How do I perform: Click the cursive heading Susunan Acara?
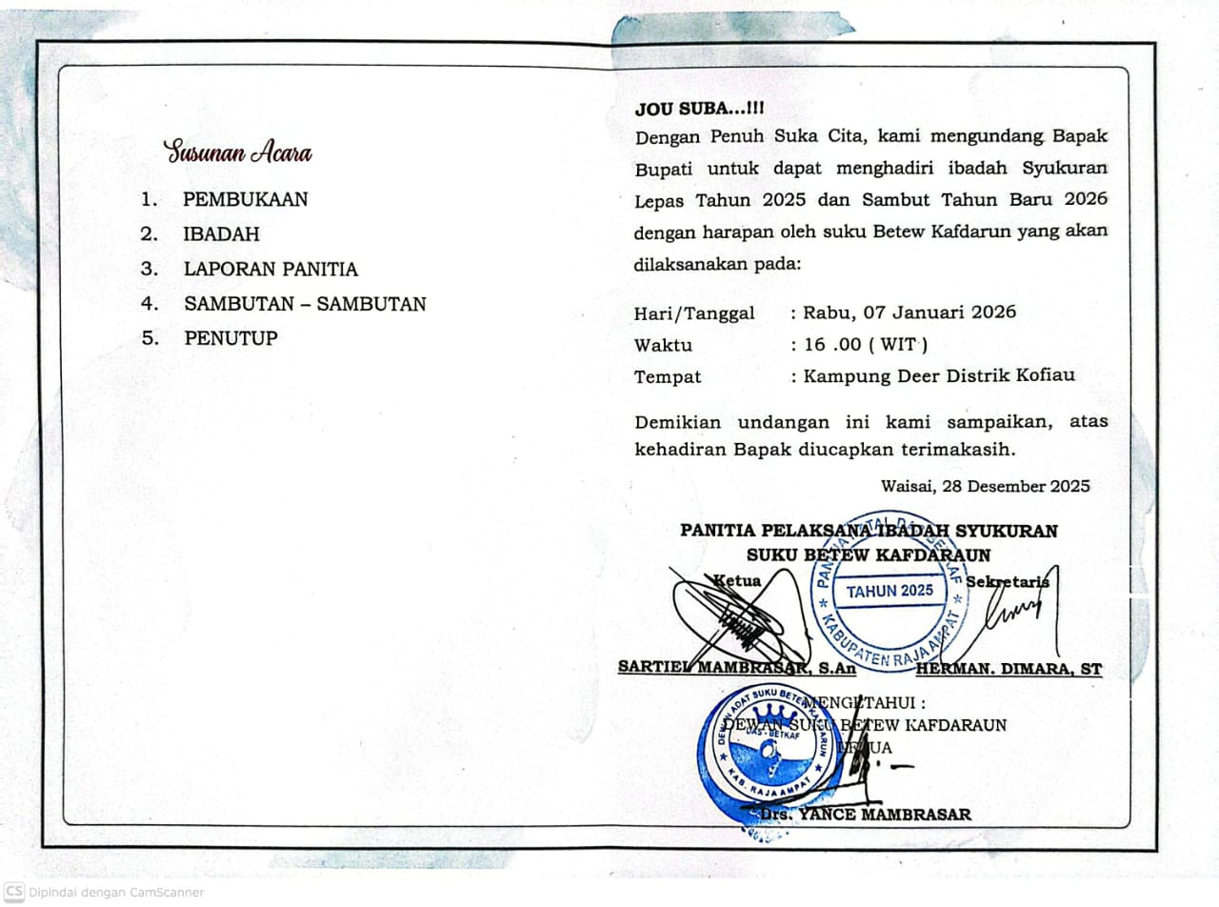point(237,152)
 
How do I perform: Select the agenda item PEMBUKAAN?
point(246,200)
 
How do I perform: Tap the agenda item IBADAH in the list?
point(221,234)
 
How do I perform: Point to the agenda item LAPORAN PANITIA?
point(270,270)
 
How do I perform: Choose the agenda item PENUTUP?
point(230,338)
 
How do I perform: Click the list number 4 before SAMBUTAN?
point(148,304)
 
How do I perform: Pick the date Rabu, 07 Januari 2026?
point(909,312)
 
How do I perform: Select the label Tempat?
point(668,377)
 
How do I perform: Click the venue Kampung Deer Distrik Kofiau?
point(939,375)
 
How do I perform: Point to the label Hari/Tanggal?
point(694,313)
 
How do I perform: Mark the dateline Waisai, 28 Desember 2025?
point(985,486)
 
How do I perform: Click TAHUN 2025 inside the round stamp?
point(889,591)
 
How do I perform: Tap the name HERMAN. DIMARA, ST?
point(1009,669)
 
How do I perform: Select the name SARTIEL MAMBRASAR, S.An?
point(737,668)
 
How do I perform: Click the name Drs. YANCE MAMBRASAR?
point(866,815)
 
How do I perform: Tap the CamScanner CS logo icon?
point(14,892)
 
